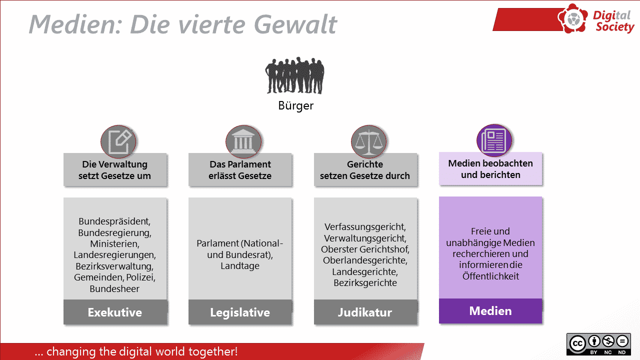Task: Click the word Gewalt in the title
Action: coord(295,24)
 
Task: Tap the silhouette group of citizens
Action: coord(295,75)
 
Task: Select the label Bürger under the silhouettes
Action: coord(295,106)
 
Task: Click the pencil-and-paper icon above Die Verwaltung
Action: coord(118,141)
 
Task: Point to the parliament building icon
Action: coord(243,141)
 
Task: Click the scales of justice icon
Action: coord(368,141)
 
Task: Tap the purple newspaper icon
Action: coord(494,140)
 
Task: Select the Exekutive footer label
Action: coord(115,312)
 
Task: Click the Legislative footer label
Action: coord(240,312)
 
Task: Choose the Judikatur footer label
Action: coord(365,312)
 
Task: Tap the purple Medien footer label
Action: coord(490,311)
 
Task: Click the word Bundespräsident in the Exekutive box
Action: coord(114,221)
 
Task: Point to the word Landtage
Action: coord(240,266)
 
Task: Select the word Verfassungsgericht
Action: coord(365,227)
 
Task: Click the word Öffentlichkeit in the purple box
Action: coord(490,276)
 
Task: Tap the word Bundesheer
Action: coord(114,289)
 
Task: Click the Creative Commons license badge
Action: coord(598,344)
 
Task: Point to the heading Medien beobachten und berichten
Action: coord(490,169)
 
